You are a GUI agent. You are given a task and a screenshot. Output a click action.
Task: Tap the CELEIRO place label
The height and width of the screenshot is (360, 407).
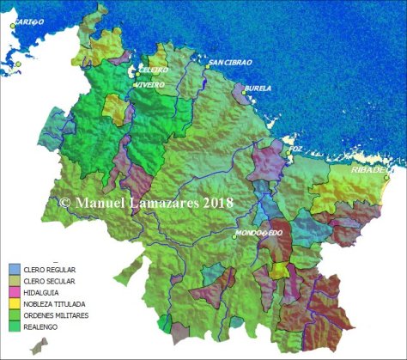(x=154, y=70)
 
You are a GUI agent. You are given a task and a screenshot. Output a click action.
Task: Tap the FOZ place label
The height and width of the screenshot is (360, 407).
(x=296, y=149)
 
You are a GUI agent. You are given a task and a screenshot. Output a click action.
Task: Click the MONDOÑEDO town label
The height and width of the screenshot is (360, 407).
(x=260, y=233)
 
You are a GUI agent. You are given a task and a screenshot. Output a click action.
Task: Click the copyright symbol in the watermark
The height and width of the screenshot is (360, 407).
(x=65, y=204)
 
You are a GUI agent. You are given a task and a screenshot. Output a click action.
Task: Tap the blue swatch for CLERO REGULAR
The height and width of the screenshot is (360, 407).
(x=15, y=270)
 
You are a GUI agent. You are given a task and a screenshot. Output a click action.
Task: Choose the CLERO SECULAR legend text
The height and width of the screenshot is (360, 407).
(x=54, y=281)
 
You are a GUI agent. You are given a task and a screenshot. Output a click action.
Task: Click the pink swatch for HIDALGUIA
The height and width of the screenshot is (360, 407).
(x=15, y=292)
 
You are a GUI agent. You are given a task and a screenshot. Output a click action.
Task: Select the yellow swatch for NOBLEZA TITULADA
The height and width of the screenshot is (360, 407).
(x=15, y=303)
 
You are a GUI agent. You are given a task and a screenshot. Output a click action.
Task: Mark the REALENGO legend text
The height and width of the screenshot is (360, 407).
(x=46, y=326)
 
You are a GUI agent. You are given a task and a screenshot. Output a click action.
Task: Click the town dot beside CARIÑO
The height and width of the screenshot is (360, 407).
(x=13, y=26)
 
